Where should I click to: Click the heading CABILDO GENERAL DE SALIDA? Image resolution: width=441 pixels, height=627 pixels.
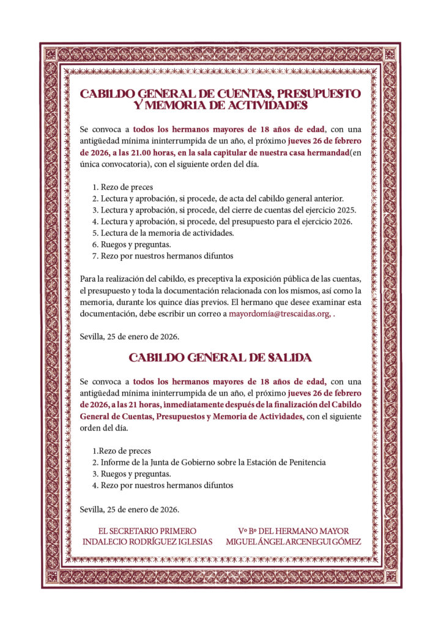[220, 357]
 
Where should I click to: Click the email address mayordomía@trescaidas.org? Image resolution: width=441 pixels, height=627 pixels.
[280, 314]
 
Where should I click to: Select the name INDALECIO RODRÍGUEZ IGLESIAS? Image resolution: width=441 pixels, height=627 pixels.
[147, 542]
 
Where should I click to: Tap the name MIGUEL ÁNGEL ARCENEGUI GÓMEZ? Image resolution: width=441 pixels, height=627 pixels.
[294, 542]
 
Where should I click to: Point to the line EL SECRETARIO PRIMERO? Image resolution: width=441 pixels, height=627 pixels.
[147, 531]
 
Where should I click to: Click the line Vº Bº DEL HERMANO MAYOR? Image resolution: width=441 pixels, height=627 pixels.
[294, 531]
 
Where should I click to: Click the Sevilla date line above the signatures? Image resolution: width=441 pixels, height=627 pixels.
[130, 509]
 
